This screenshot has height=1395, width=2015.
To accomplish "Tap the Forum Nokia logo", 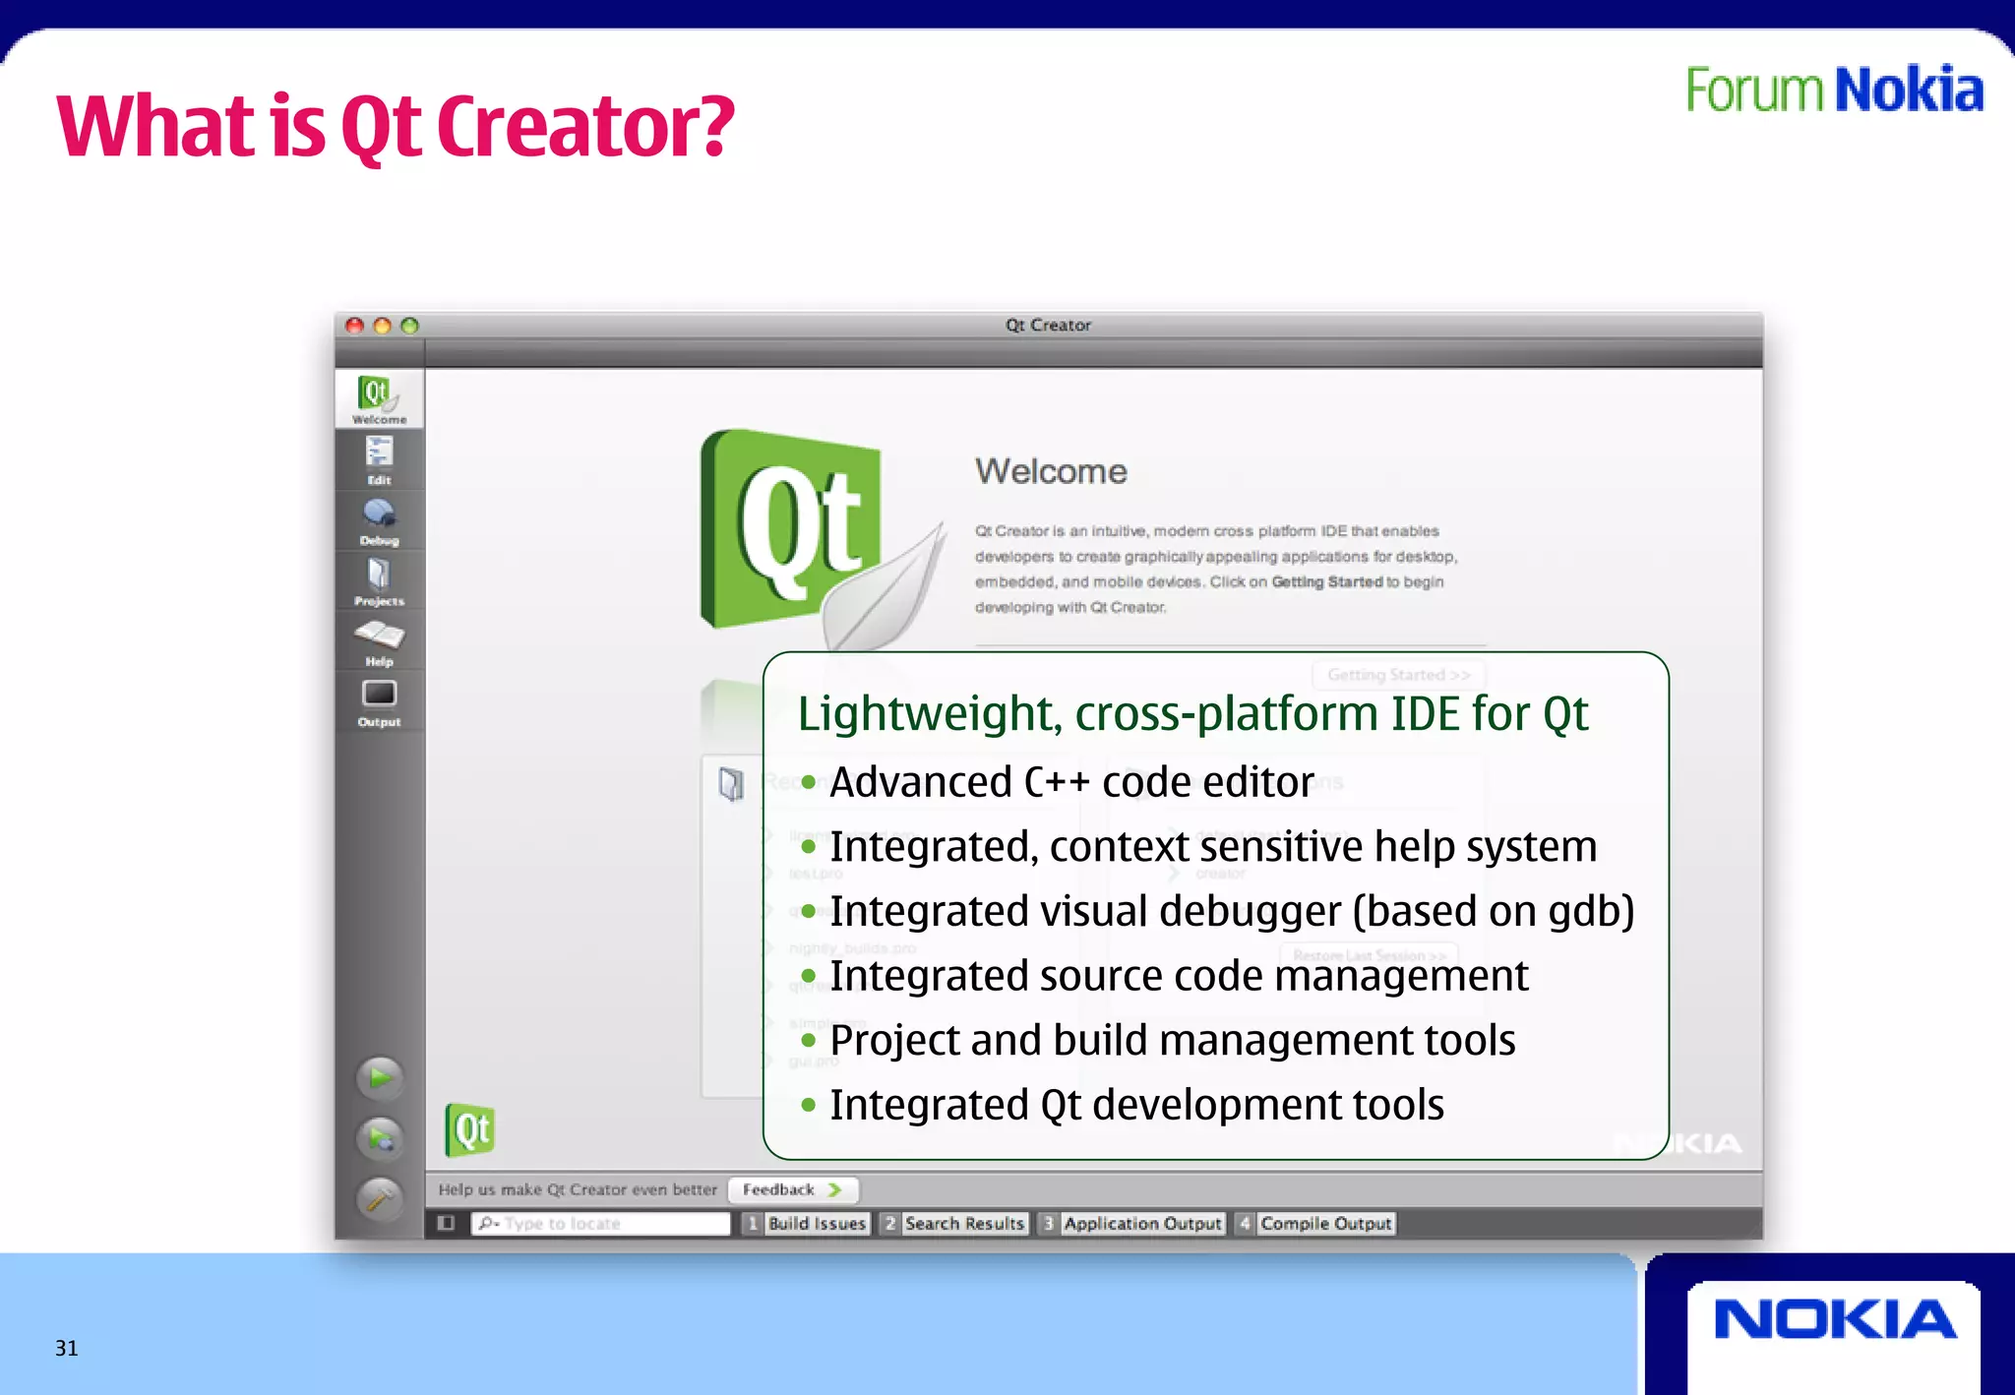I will [1834, 91].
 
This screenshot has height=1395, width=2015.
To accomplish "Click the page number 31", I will [66, 1348].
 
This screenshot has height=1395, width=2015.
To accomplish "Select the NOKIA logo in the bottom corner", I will [1834, 1320].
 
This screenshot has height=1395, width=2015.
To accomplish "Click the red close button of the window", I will [355, 326].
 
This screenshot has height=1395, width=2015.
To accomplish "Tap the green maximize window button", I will [410, 326].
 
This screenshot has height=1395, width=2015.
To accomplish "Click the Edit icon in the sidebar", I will [379, 458].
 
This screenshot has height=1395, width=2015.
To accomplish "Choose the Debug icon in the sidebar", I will [379, 519].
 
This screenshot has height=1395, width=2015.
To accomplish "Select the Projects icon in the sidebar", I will [379, 579].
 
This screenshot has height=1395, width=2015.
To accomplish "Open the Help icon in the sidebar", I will [379, 640].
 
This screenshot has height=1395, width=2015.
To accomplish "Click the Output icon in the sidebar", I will [379, 700].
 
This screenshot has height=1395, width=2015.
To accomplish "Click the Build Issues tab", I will [817, 1223].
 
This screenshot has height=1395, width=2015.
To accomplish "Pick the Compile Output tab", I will [1325, 1223].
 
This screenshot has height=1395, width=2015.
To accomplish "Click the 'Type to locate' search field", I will [610, 1223].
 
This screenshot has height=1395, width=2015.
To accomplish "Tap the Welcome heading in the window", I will [1051, 471].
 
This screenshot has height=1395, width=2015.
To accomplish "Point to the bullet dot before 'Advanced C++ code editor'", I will [809, 783].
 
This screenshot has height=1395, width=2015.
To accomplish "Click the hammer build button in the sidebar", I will [380, 1197].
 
